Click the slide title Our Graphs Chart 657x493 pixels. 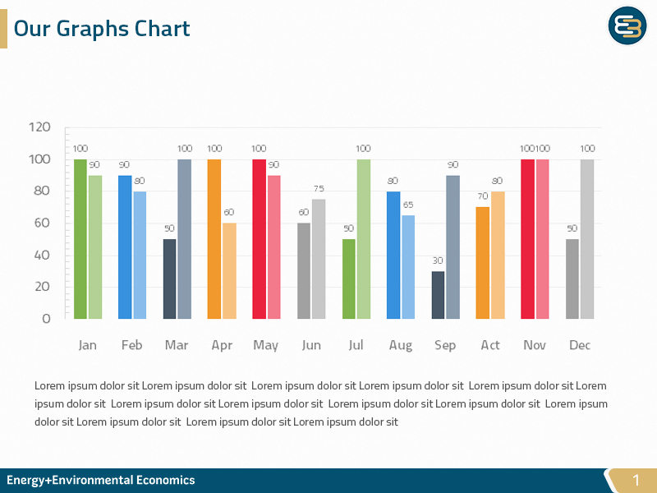click(x=102, y=29)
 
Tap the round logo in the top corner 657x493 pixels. click(x=627, y=26)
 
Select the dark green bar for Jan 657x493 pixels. click(x=80, y=238)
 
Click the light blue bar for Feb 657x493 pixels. click(x=140, y=255)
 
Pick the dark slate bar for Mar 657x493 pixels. click(x=169, y=279)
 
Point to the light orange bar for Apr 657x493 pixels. click(x=229, y=270)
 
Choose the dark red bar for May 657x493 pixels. click(x=259, y=238)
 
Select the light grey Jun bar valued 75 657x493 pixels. click(x=319, y=259)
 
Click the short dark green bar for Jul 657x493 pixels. click(x=348, y=279)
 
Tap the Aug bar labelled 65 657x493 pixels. click(x=408, y=267)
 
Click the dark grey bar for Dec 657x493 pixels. click(x=572, y=279)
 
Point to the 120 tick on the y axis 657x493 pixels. click(x=39, y=127)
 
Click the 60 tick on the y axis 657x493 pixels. click(x=43, y=223)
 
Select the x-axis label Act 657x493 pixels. click(x=490, y=345)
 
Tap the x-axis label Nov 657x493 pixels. click(x=535, y=345)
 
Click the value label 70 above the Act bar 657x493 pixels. click(x=483, y=196)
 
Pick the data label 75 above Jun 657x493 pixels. click(x=319, y=189)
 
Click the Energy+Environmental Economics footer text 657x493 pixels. click(x=101, y=480)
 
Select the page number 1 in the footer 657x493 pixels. click(x=635, y=480)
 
